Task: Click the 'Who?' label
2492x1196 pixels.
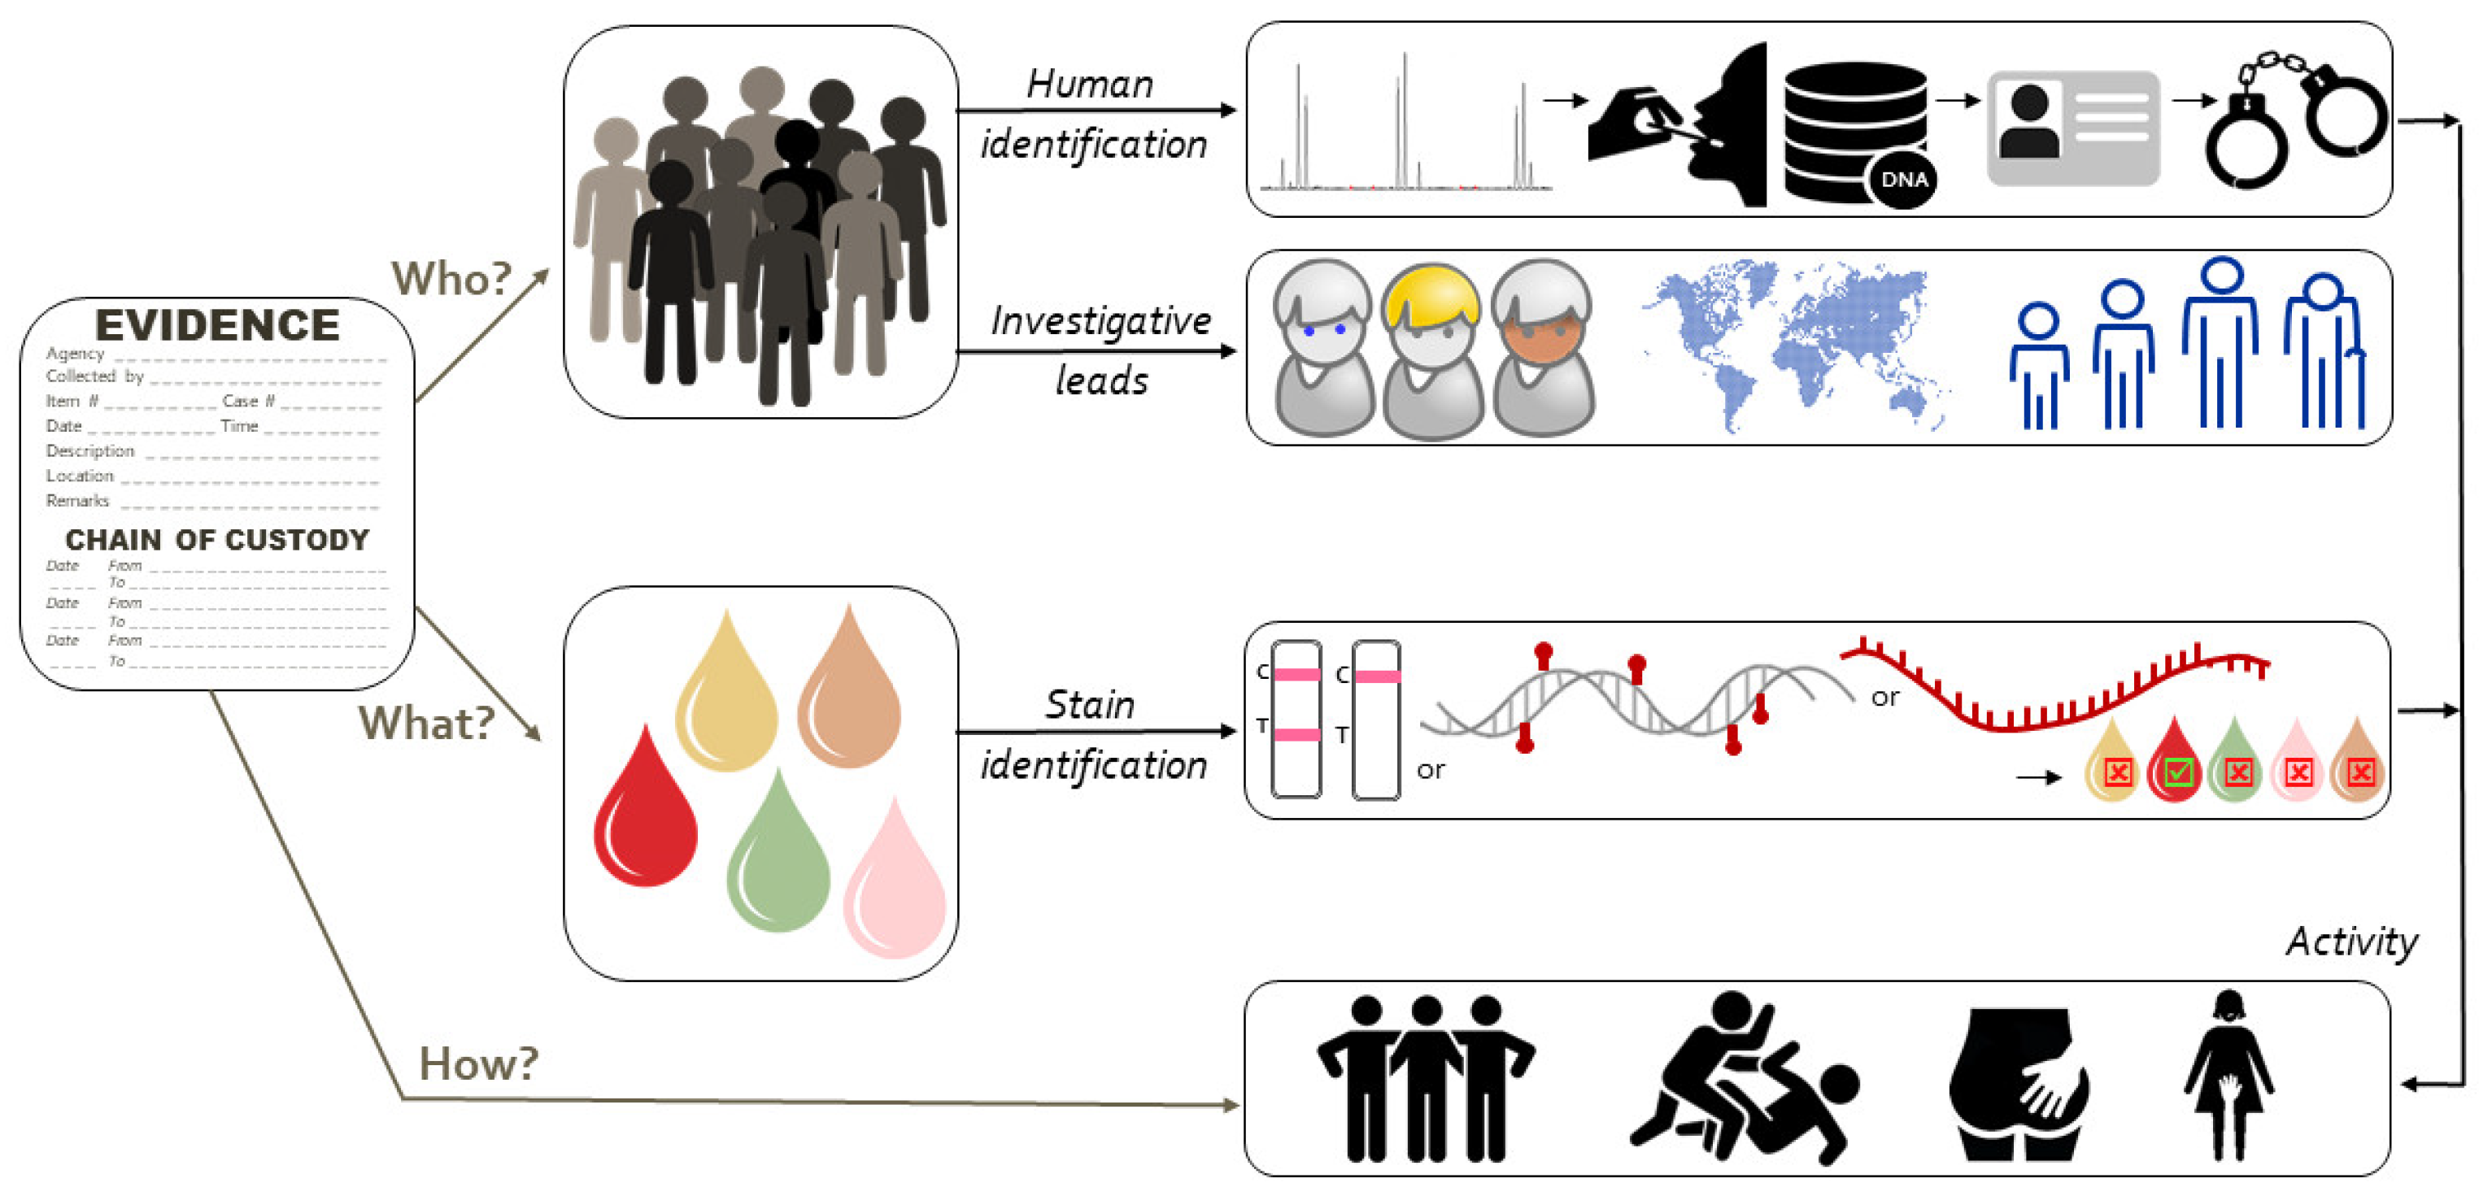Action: (451, 280)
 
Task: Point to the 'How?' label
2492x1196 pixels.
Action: (478, 1063)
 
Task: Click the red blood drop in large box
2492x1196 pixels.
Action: (645, 812)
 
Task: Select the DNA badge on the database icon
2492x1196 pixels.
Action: (1903, 180)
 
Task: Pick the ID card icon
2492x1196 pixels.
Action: (2072, 127)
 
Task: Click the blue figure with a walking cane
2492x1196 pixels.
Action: (2324, 354)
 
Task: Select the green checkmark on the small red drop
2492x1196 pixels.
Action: (2176, 772)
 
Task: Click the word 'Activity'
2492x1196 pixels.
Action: (2350, 941)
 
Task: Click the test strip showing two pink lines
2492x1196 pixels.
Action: (1296, 720)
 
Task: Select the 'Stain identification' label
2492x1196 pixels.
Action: (1093, 735)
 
